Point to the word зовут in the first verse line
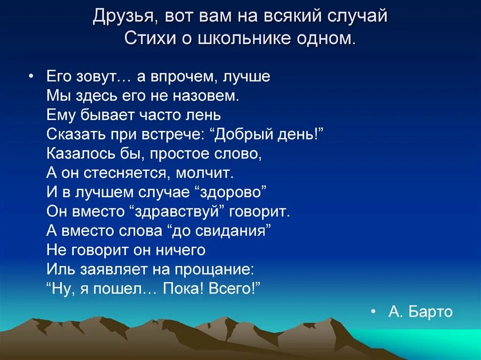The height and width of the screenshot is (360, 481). [x=105, y=77]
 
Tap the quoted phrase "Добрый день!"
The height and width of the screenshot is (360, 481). [x=269, y=135]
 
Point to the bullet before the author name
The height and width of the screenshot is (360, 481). [x=373, y=312]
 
